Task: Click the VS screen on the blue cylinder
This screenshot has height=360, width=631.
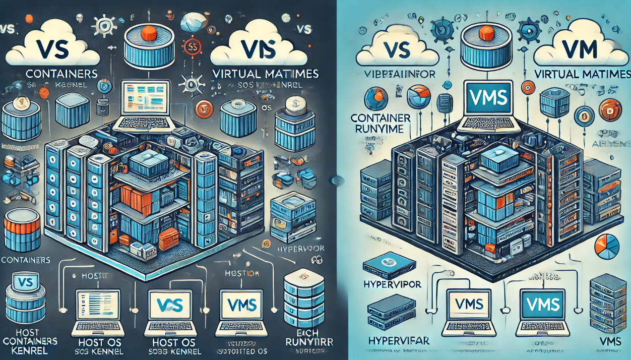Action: tap(25, 282)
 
